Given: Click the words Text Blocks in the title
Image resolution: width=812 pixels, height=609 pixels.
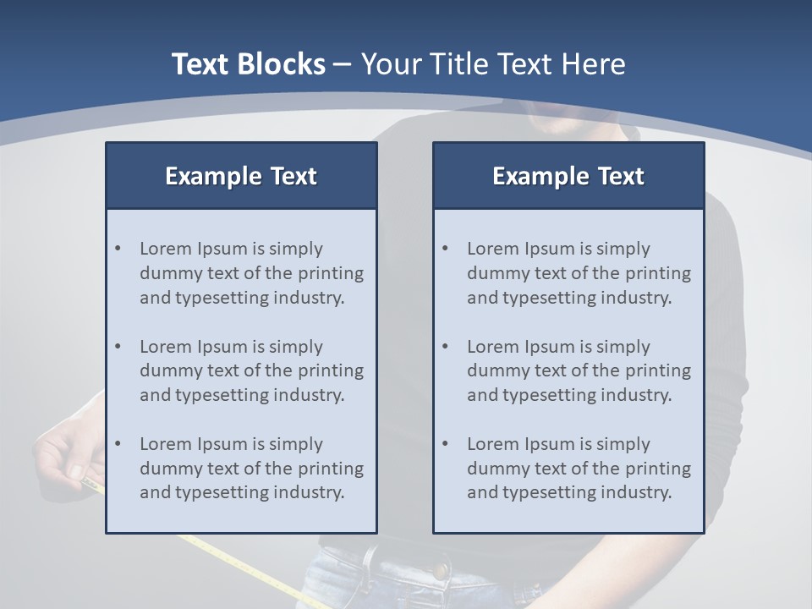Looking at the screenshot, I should click(x=248, y=64).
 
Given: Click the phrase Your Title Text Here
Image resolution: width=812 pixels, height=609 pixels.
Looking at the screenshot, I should click(x=493, y=64).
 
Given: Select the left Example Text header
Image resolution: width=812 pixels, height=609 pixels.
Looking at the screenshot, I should click(x=241, y=176).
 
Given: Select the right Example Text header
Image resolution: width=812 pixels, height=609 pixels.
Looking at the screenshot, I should click(x=568, y=176).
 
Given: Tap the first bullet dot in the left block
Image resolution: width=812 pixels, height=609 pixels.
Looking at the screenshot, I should click(x=118, y=249).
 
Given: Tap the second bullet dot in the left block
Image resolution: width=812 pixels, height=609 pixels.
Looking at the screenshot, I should click(x=118, y=347).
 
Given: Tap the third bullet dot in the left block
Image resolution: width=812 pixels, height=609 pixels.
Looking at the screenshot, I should click(x=118, y=444).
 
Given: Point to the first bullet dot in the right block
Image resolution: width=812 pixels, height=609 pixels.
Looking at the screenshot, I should click(x=445, y=249).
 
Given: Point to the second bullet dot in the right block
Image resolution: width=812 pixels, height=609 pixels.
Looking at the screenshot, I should click(x=445, y=347).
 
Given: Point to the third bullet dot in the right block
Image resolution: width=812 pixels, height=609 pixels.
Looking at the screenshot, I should click(x=445, y=444).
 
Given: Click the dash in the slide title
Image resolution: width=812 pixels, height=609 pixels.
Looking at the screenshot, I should click(x=343, y=64).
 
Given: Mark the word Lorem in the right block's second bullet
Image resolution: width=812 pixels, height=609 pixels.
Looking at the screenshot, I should click(x=492, y=347).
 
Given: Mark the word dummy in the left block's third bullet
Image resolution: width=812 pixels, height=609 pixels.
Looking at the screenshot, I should click(x=167, y=469).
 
